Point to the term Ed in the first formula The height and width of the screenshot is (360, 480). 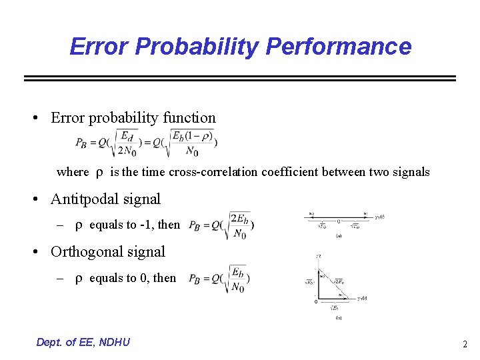(127, 136)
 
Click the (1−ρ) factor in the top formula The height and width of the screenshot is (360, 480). (199, 136)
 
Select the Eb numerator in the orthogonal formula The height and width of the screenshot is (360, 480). (237, 271)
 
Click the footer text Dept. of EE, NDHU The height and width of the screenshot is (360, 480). (83, 342)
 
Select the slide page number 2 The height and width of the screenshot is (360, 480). (465, 344)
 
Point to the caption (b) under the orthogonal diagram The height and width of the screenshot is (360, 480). (339, 318)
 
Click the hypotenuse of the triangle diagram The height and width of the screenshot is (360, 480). (333, 284)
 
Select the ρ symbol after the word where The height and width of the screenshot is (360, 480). (98, 172)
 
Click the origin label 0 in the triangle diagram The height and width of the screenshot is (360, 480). (315, 301)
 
